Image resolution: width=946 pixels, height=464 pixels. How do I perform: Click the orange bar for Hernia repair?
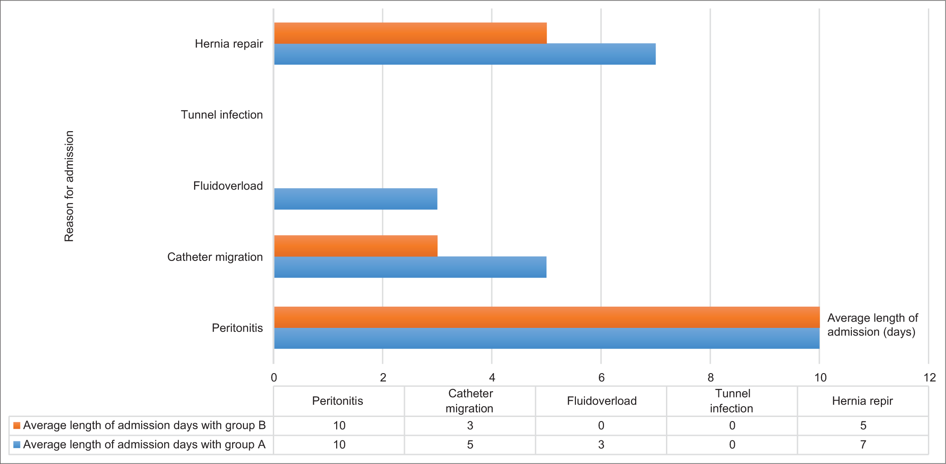pos(410,33)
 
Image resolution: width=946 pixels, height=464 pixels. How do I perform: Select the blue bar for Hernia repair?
pos(465,54)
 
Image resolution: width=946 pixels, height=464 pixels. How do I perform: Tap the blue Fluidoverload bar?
pos(356,199)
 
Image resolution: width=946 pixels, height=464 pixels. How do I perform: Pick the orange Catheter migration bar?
pos(356,246)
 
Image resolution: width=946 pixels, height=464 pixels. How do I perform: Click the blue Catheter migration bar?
pos(410,267)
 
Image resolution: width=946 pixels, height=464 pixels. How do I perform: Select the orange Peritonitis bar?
pos(547,317)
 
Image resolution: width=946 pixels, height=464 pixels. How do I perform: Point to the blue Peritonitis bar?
pos(547,338)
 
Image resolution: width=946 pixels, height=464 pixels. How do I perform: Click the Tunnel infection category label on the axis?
pos(222,115)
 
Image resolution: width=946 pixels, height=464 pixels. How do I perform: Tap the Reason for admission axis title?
pos(69,186)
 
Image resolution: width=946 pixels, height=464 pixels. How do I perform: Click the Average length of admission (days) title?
pos(872,325)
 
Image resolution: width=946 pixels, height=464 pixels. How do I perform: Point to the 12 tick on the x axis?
pos(929,378)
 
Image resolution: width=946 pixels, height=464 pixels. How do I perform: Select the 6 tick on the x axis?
pos(601,378)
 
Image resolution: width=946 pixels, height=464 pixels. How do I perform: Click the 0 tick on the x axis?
pos(274,378)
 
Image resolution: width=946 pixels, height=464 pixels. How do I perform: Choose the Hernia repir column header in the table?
pos(862,401)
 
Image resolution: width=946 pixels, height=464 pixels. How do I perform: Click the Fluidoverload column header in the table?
pos(601,401)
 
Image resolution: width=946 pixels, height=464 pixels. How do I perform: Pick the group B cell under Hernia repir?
pos(863,426)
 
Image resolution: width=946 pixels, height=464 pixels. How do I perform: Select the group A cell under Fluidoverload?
pos(601,445)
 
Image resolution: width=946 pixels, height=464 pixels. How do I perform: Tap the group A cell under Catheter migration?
pos(470,445)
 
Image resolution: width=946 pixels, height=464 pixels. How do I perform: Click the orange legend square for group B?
pos(17,426)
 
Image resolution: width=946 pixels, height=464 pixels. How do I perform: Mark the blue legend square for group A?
pos(17,445)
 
